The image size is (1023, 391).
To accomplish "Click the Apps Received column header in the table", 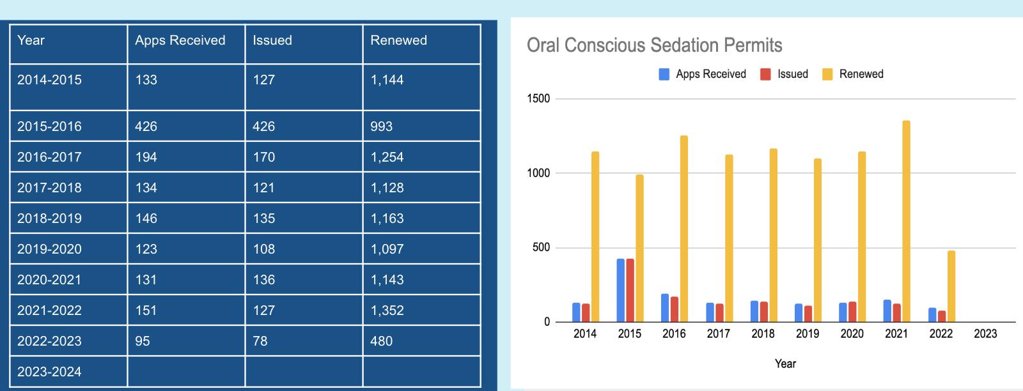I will coord(180,40).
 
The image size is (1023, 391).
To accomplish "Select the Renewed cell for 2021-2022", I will coord(387,310).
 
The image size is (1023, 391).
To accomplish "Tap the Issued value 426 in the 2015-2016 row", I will coord(263,126).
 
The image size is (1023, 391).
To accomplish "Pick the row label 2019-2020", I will coord(49,249).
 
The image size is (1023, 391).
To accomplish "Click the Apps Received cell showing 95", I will coord(143,341).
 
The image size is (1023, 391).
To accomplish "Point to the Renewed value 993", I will coord(381,126).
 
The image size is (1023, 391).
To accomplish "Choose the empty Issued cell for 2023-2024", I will coord(304,372).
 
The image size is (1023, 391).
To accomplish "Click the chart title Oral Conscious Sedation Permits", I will coord(654,45).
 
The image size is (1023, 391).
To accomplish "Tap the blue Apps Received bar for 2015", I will coord(620,290).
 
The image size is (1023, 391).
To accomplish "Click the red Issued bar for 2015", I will coord(630,290).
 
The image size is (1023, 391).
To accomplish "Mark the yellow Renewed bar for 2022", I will coord(951,286).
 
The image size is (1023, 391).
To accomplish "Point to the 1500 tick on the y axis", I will coord(538,99).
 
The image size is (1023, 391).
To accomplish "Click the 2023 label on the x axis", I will coord(985,333).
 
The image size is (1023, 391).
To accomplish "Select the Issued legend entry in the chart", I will coord(792,74).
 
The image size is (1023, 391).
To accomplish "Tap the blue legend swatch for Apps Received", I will coord(664,74).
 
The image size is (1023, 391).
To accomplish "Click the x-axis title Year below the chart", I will coord(785,364).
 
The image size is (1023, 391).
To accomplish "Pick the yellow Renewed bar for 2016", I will coord(683,229).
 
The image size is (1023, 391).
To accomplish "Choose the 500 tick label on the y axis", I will coord(541,248).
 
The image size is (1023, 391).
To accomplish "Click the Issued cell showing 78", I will coord(260,341).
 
